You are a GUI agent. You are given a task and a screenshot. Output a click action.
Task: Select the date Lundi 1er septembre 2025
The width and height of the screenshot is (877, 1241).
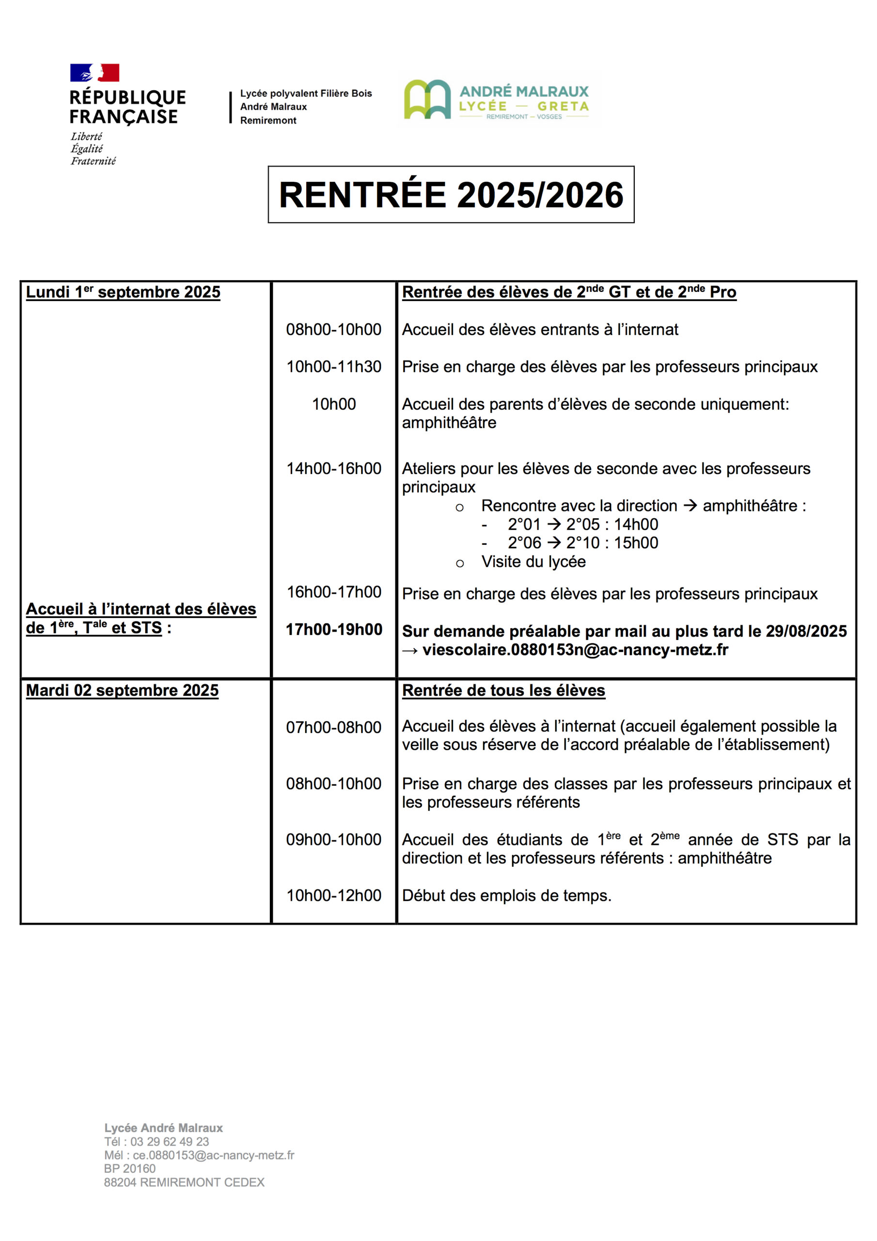point(123,292)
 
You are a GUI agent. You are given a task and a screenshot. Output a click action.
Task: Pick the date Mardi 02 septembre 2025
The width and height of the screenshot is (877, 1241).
point(122,690)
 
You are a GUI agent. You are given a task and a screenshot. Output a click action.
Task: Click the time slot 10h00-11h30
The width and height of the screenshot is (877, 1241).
point(333,366)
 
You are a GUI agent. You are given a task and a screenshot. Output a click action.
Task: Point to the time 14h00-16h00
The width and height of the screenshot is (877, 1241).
point(333,468)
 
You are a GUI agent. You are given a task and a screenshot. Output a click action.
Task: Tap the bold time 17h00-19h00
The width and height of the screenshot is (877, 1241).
point(333,629)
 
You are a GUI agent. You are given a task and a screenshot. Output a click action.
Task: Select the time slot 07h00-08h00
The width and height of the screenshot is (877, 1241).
point(333,727)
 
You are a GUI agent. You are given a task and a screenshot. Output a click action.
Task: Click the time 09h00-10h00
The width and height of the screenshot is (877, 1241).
point(333,840)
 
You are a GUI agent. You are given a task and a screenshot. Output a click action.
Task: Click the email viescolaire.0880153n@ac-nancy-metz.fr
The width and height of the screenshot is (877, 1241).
point(575,650)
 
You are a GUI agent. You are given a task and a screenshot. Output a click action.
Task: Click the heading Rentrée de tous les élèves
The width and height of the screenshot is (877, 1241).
point(503,690)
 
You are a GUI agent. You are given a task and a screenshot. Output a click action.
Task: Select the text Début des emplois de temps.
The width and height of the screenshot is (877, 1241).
point(506,896)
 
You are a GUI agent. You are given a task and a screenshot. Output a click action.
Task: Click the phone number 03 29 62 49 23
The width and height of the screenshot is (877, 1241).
point(169,1142)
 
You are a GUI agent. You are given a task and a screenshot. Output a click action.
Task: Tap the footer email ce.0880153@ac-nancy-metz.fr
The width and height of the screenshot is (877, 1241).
point(214,1155)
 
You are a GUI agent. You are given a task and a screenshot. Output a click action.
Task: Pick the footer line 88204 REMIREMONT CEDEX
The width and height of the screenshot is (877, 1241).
point(184,1182)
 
